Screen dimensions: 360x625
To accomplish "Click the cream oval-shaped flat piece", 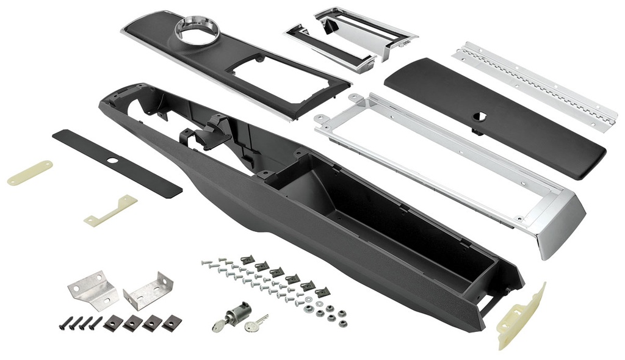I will tap(29, 173).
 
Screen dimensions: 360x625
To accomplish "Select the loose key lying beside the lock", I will tap(256, 323).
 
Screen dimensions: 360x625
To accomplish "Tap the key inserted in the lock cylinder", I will tap(219, 325).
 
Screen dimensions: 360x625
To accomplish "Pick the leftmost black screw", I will tap(64, 323).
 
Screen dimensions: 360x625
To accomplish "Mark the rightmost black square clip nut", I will tap(172, 321).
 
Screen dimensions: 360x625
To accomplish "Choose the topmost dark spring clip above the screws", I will tap(247, 261).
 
